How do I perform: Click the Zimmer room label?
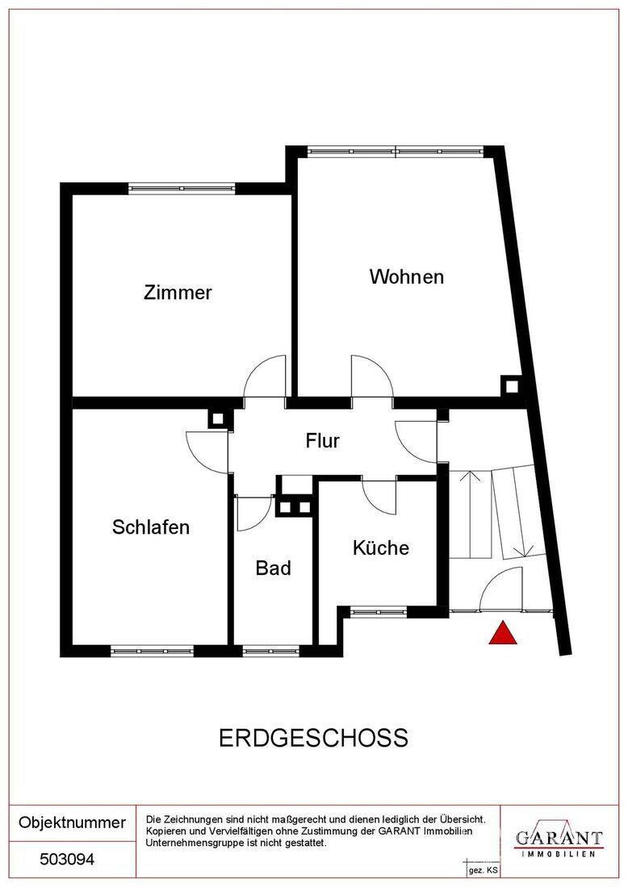coord(178,293)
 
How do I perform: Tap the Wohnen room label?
coord(407,277)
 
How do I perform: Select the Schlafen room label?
coord(151,527)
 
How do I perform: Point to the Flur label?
coord(323,440)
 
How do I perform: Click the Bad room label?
coord(274,568)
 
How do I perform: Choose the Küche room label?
coord(380,547)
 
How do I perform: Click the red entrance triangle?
coord(503,633)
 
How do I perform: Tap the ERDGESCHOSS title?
coord(314,738)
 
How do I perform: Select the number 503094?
coord(67,860)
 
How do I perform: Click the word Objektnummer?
coord(72,822)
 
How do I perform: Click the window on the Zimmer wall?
coord(181,189)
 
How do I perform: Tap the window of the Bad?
coord(270,651)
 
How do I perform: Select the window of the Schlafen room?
coord(152,651)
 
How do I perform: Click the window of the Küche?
coord(379,611)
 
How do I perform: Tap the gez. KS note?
coord(483,871)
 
